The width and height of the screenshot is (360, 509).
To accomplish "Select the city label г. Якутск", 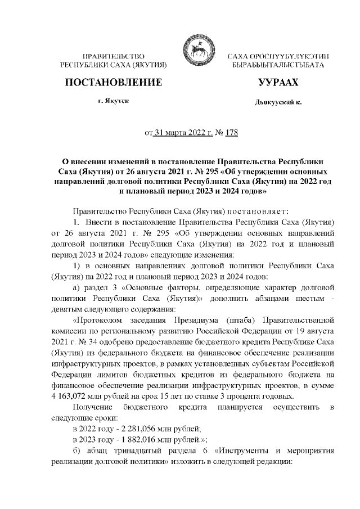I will coord(113,102).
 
